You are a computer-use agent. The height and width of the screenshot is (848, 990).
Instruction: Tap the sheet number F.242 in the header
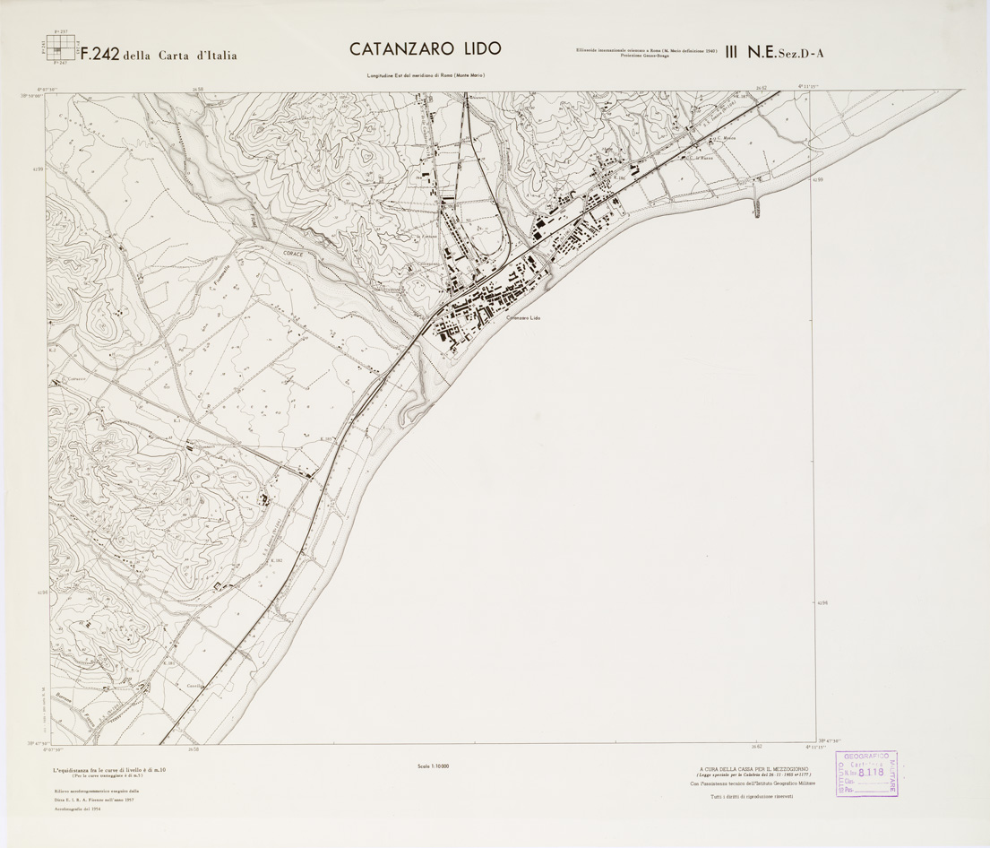click(x=100, y=54)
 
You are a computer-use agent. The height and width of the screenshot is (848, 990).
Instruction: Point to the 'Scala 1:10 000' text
click(x=433, y=766)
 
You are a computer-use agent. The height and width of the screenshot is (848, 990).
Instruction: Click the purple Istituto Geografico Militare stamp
click(x=866, y=774)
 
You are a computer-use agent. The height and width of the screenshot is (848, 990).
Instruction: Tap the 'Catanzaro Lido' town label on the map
click(x=524, y=318)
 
